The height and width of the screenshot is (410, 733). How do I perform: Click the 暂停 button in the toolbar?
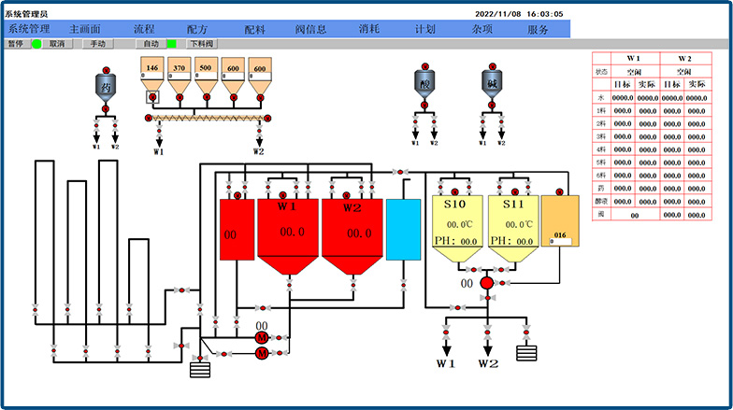16,43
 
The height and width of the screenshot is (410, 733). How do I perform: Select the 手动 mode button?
96,43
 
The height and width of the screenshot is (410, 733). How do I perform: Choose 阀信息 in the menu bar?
310,29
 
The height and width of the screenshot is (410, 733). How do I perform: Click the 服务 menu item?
539,29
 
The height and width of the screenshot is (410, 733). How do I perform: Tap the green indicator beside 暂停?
36,43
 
